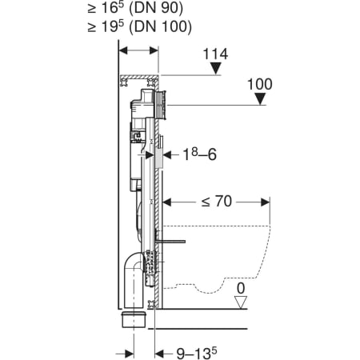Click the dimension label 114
pos(215,54)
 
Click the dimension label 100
pos(260,84)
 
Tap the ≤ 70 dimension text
pos(217,202)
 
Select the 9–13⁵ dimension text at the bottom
pos(197,353)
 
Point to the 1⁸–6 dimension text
pos(199,154)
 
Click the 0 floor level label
pos(241,288)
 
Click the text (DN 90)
pos(156,9)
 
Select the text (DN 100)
pos(160,27)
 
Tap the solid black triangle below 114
pos(215,68)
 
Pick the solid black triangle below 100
pos(260,98)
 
